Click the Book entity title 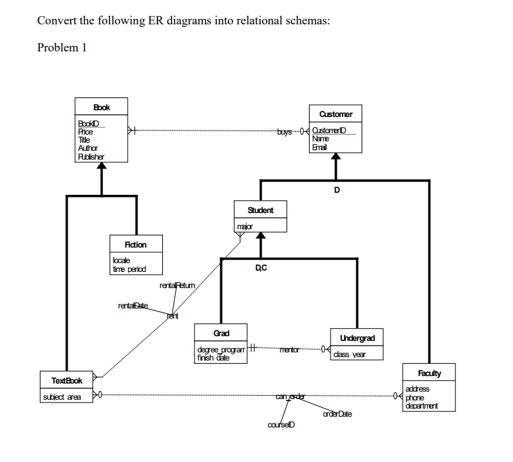click(101, 107)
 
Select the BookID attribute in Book click(89, 122)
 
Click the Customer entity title click(336, 114)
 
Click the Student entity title click(260, 210)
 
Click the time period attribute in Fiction click(128, 269)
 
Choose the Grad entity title click(221, 333)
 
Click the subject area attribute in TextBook click(62, 396)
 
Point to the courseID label click(280, 425)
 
